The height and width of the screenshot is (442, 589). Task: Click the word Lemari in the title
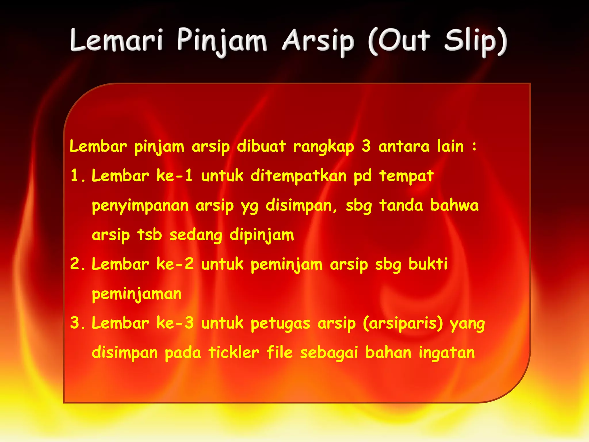[116, 40]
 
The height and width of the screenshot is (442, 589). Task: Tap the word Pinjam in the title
[222, 42]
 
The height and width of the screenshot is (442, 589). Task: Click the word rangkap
[324, 147]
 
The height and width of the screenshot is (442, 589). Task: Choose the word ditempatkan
[299, 176]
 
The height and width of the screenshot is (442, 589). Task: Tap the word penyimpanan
[140, 206]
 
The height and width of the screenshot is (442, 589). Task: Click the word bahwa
[454, 205]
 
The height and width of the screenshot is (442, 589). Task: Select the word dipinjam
[262, 235]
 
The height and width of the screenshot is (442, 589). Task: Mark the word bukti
[428, 264]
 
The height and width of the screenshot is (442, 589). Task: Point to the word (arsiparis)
[403, 323]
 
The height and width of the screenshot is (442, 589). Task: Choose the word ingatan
[447, 353]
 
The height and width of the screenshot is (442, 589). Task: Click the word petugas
[280, 323]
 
